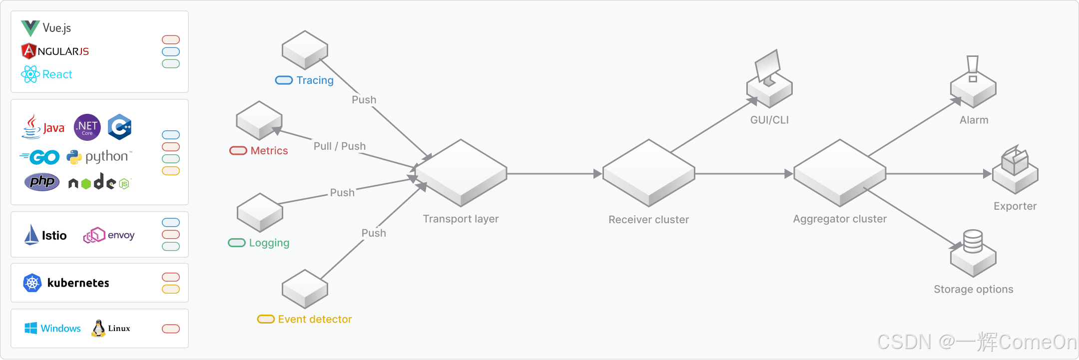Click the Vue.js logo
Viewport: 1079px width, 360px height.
[30, 28]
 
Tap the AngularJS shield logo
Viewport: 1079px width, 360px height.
[29, 51]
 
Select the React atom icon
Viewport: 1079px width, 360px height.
[30, 74]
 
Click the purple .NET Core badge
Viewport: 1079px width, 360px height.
[87, 127]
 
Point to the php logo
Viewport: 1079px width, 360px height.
[42, 182]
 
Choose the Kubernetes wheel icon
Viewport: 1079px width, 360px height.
[32, 283]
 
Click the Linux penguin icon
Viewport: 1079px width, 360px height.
[98, 328]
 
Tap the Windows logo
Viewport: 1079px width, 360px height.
[31, 328]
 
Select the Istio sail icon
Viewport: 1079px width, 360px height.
[31, 235]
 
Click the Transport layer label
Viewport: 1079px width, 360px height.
[461, 219]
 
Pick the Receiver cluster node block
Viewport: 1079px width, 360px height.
[649, 173]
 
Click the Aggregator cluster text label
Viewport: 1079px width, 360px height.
[840, 219]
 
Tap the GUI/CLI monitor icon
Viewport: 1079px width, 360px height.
[769, 79]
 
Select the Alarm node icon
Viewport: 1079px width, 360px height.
[973, 82]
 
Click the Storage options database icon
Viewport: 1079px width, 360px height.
[973, 253]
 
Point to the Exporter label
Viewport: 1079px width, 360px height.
[1015, 206]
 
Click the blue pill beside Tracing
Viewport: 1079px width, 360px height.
[284, 80]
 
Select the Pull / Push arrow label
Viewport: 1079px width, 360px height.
[340, 146]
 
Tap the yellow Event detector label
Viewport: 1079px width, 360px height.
[315, 319]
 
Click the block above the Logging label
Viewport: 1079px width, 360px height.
[260, 213]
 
